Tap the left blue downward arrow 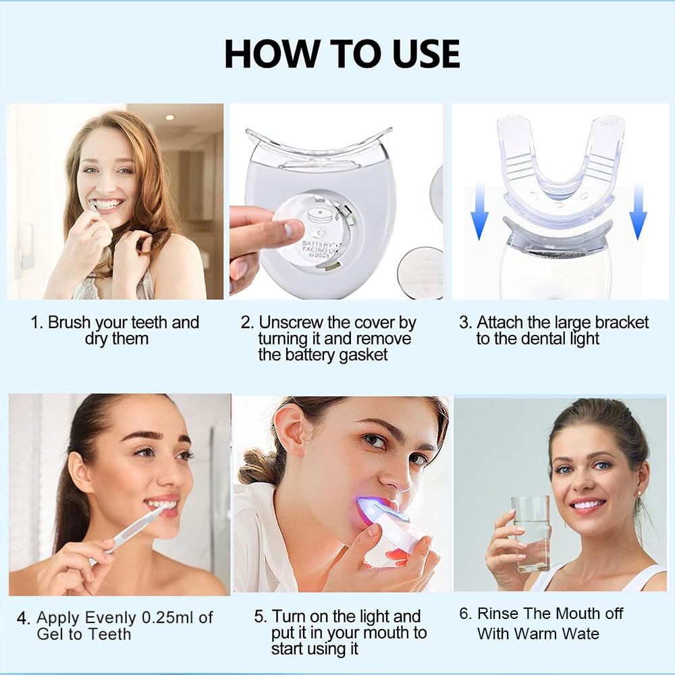479,213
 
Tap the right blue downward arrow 638,213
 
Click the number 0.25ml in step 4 169,617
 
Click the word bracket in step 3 620,322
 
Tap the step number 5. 260,616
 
